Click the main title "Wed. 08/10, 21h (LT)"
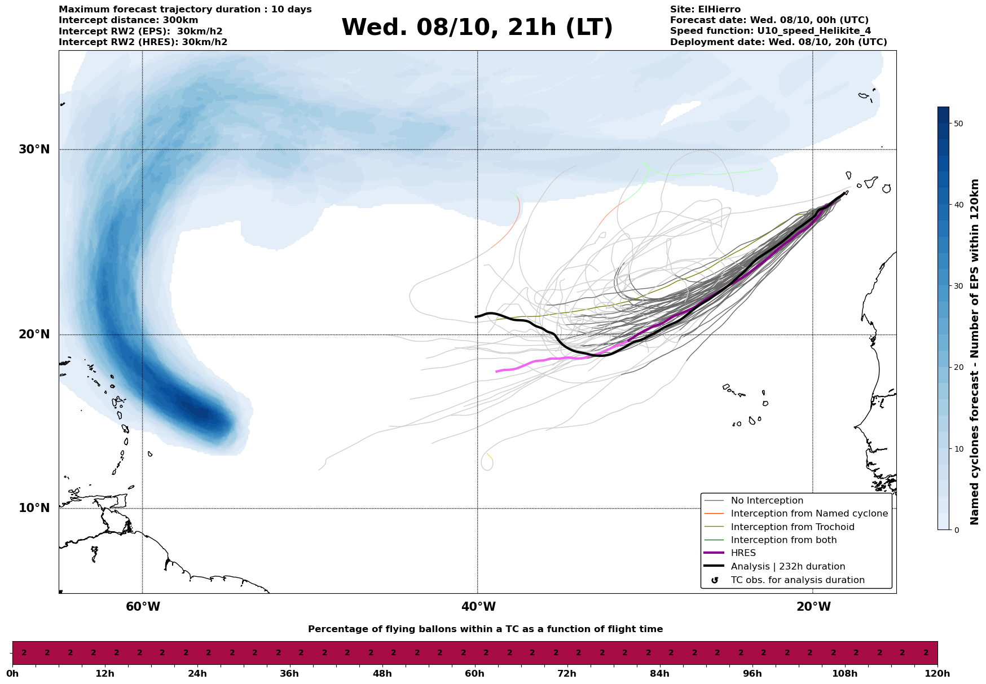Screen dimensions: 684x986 point(477,28)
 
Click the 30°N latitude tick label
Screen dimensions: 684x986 point(34,149)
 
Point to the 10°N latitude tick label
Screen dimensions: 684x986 point(34,508)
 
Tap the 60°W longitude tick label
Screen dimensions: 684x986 point(143,607)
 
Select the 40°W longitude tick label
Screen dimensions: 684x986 point(478,607)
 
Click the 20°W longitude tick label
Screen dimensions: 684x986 point(813,607)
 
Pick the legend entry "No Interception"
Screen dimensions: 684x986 point(767,501)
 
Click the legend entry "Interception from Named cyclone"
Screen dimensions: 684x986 point(809,514)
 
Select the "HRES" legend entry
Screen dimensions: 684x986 point(743,553)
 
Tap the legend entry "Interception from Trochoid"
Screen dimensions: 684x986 point(792,527)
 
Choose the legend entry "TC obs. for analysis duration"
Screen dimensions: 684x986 point(797,580)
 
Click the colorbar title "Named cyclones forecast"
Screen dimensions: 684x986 point(974,352)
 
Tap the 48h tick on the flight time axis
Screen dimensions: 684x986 point(382,673)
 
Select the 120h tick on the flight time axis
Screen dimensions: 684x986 point(937,673)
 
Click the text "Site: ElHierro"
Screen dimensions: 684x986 point(705,10)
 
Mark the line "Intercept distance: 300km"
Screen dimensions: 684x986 point(129,20)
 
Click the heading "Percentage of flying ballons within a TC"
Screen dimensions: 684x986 point(485,629)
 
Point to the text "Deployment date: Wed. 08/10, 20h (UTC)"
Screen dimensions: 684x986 point(778,42)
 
